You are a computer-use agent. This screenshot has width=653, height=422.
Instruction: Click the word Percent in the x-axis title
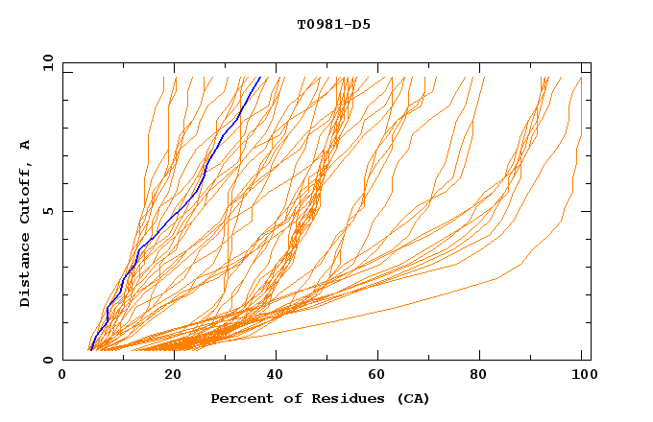tap(240, 399)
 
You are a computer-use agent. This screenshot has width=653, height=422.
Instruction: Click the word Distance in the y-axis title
tap(26, 268)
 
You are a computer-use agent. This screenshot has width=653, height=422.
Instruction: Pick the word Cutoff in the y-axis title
tap(26, 191)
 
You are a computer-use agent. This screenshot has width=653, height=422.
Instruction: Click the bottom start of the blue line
tap(89, 350)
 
